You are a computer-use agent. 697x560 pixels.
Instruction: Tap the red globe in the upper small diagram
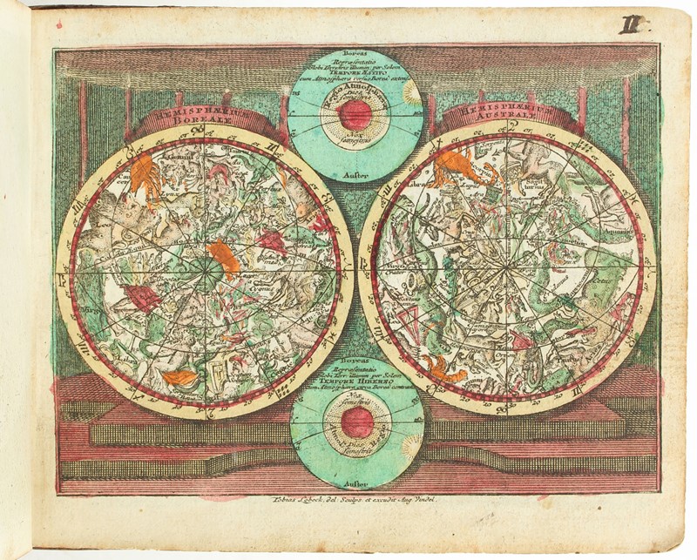pyautogui.click(x=355, y=113)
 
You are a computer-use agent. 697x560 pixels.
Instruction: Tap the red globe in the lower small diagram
pyautogui.click(x=357, y=424)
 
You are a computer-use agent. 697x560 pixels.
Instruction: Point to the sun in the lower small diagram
pyautogui.click(x=411, y=445)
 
